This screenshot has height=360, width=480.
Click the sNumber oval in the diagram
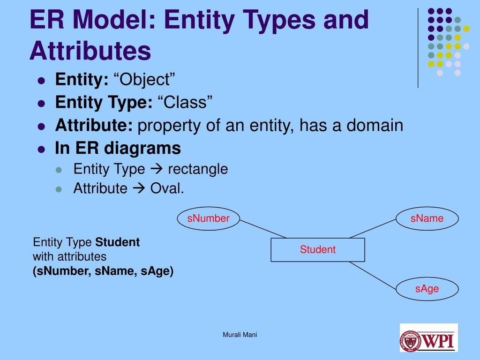[209, 218]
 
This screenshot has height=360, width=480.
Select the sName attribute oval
[427, 218]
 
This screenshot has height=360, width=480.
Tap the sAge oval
[427, 289]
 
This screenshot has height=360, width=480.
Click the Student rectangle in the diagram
[318, 250]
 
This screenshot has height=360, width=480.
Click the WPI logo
[428, 338]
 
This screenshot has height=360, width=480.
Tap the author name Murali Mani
[240, 335]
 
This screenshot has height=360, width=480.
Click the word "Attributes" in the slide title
[90, 51]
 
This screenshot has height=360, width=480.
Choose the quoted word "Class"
[185, 102]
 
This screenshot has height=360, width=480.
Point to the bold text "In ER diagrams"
[118, 149]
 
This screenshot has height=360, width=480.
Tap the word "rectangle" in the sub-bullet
[198, 169]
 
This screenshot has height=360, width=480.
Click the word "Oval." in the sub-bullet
[167, 188]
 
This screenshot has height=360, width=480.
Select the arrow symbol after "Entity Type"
[157, 169]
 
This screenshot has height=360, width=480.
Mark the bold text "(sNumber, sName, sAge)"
[103, 271]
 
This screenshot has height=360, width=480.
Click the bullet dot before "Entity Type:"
[41, 103]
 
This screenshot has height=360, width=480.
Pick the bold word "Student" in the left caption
[118, 242]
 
